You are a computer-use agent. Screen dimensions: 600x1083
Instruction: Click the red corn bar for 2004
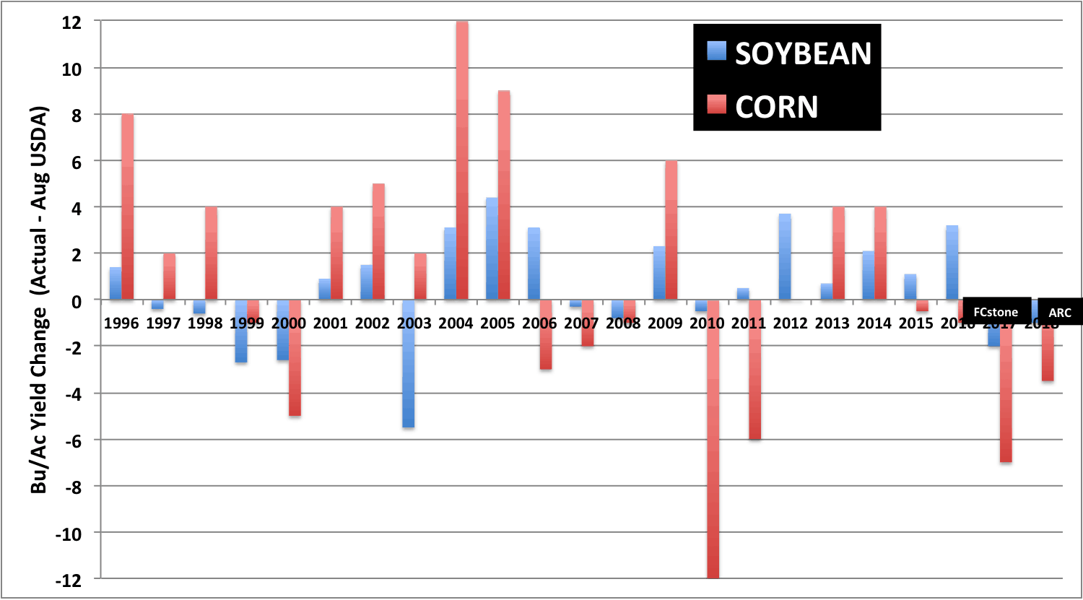click(x=462, y=160)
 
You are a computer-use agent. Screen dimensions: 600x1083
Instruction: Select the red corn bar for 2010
click(x=713, y=439)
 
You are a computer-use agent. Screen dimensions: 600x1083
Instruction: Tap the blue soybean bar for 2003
click(x=409, y=363)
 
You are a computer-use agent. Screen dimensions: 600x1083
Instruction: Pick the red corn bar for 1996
click(x=128, y=206)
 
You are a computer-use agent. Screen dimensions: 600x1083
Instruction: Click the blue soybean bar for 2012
click(x=785, y=256)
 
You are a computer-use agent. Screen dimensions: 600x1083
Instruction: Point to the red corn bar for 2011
click(x=755, y=370)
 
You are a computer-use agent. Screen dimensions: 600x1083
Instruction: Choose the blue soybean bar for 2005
click(x=492, y=248)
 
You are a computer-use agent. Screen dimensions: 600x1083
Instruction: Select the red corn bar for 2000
click(x=295, y=358)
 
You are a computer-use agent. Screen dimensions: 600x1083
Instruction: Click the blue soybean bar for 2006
click(x=534, y=264)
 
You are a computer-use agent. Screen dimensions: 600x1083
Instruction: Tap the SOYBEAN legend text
click(x=803, y=53)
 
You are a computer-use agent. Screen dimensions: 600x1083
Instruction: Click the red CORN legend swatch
click(x=717, y=106)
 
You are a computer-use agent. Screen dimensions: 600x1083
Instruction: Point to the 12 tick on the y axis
click(x=71, y=22)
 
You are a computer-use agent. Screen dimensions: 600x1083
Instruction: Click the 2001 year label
click(x=331, y=323)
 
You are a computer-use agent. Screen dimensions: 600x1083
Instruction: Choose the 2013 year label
click(x=832, y=323)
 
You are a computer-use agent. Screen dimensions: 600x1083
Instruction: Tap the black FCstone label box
click(x=996, y=312)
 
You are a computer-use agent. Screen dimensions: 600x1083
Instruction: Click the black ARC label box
click(x=1060, y=313)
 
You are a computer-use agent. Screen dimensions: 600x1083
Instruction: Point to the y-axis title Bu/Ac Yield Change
click(x=39, y=300)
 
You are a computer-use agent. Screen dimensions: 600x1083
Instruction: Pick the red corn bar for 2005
click(x=504, y=195)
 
